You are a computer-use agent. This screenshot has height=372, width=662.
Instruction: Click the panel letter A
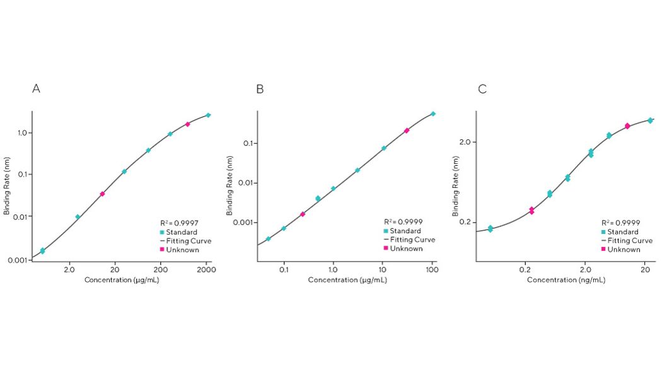click(37, 89)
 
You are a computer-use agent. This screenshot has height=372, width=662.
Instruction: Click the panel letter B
click(260, 89)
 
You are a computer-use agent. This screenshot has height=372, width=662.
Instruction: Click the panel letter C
click(482, 89)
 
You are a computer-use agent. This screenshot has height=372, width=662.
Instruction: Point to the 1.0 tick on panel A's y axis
click(20, 133)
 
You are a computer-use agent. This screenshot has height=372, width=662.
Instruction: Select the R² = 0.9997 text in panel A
click(179, 223)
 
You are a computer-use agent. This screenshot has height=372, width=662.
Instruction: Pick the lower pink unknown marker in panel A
click(102, 194)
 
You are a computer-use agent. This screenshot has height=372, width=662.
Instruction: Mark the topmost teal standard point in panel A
click(208, 115)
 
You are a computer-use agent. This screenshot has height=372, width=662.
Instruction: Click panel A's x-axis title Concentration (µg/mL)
click(122, 279)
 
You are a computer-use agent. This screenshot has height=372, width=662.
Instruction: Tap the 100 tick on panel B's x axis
click(432, 270)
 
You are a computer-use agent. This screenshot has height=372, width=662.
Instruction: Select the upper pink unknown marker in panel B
click(407, 131)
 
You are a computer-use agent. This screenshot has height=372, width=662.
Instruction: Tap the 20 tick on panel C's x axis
click(645, 270)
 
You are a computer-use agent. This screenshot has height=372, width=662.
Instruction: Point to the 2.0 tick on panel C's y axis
click(465, 142)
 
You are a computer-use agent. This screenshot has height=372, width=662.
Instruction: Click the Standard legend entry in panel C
click(625, 232)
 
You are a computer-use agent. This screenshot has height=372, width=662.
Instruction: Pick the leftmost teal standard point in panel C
click(491, 229)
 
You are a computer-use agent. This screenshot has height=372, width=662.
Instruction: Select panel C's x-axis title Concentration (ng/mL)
click(566, 279)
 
